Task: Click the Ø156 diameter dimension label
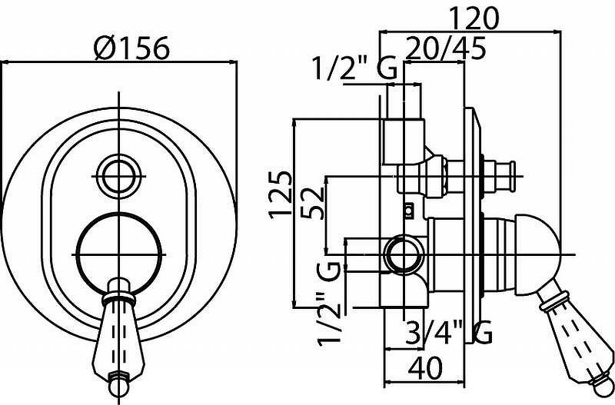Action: [131, 48]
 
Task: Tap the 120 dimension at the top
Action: [474, 18]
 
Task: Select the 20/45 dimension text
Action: [445, 48]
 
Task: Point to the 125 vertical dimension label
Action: [281, 195]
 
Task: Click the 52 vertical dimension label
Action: [313, 203]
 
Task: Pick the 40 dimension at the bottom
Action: [425, 368]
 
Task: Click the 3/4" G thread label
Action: [448, 333]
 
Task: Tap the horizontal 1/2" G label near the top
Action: [354, 68]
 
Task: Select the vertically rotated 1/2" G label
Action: [329, 303]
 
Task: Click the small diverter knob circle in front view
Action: [119, 176]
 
